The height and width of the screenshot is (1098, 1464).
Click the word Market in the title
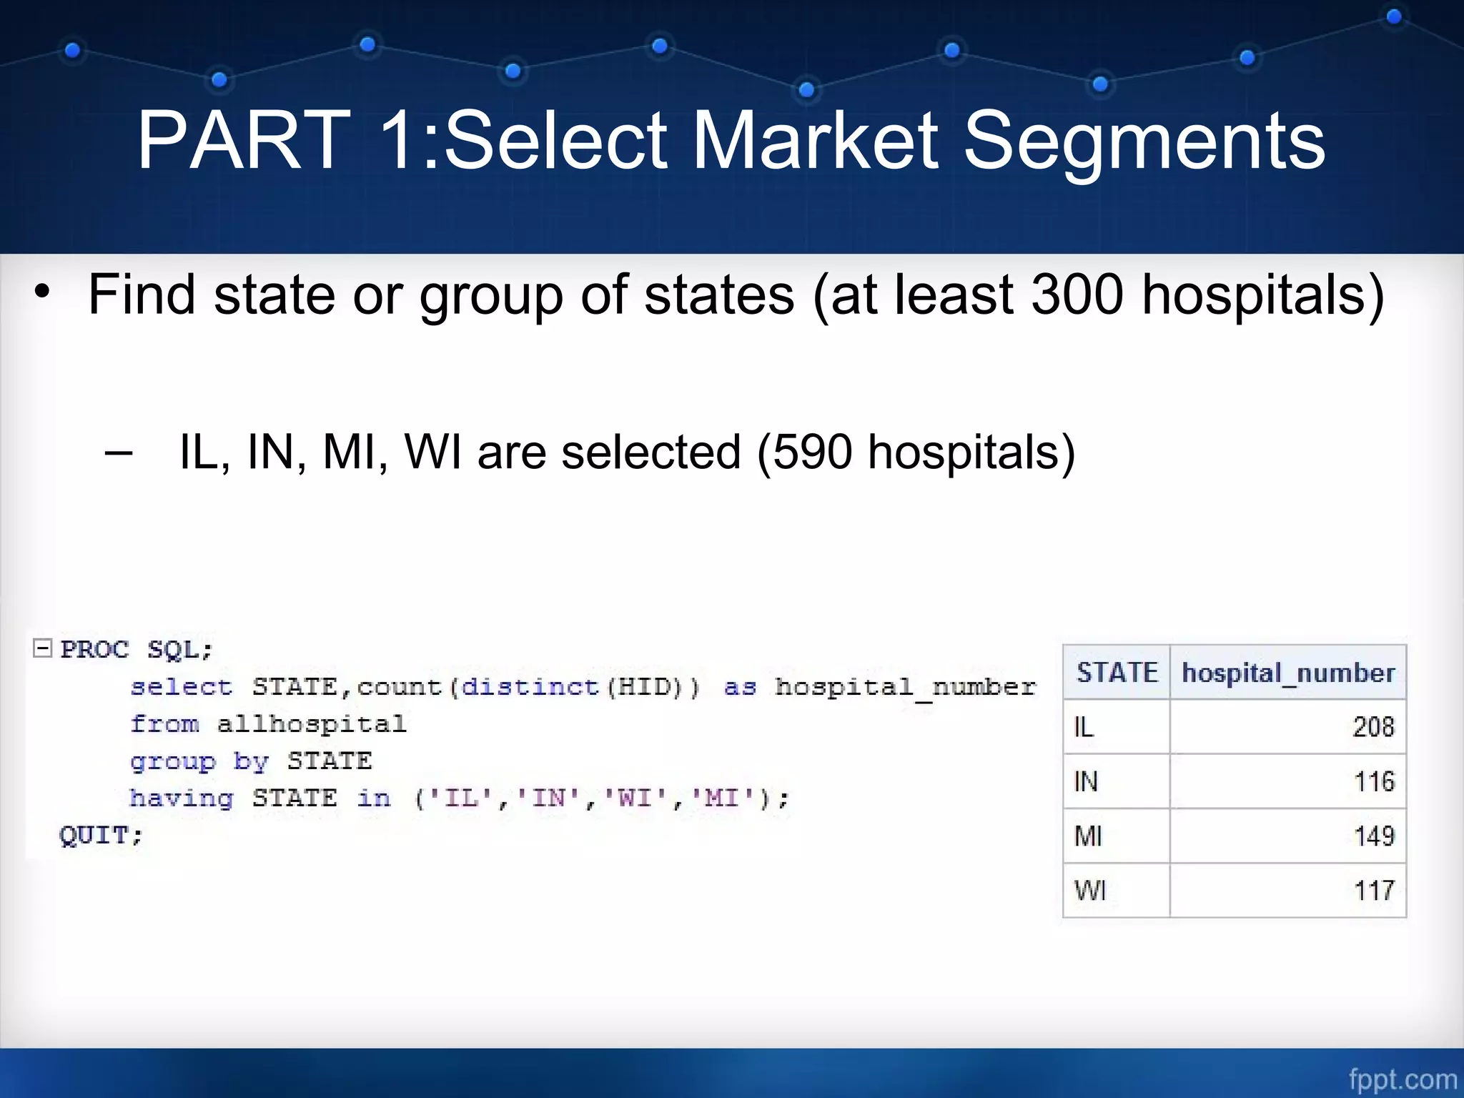pos(814,141)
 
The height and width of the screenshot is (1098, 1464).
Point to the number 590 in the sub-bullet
pos(812,452)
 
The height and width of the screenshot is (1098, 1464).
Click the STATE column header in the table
pos(1117,673)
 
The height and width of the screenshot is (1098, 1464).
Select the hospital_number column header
pos(1288,673)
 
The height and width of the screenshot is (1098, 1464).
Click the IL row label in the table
pos(1084,727)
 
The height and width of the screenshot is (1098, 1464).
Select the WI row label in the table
pos(1089,891)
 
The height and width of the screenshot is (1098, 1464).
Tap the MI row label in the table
pos(1088,836)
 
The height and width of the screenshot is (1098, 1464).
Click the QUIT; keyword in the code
pos(101,834)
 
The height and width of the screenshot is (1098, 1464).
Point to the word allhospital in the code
pos(312,724)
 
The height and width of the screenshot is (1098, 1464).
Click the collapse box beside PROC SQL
pos(43,648)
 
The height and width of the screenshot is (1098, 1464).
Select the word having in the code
pos(182,798)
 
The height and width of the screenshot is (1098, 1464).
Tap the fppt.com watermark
pos(1403,1079)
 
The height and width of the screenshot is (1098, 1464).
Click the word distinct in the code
pos(529,687)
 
